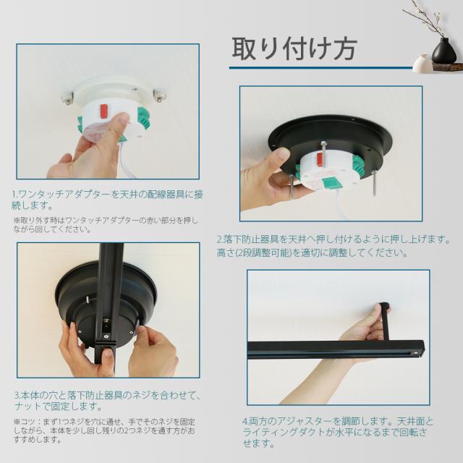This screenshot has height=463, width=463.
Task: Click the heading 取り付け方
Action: click(294, 49)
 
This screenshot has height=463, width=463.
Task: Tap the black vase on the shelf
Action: click(443, 51)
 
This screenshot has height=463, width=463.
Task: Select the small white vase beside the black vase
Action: click(422, 63)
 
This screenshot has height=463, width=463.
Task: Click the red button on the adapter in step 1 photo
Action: click(104, 110)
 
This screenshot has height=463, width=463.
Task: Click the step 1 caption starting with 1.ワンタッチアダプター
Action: click(107, 200)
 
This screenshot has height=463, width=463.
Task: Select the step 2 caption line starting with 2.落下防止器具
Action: click(334, 239)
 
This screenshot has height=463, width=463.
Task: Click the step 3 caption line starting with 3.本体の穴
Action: click(109, 395)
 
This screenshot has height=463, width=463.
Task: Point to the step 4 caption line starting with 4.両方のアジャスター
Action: click(338, 421)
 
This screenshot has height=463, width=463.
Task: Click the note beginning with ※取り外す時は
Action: click(106, 225)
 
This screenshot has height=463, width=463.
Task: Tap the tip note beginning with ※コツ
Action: click(104, 431)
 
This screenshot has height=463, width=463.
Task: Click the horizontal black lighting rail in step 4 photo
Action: click(336, 350)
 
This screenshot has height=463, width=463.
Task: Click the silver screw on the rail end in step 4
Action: click(416, 353)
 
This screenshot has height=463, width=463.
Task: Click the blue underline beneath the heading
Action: click(320, 67)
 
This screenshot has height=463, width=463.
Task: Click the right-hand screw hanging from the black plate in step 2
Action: click(375, 182)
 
